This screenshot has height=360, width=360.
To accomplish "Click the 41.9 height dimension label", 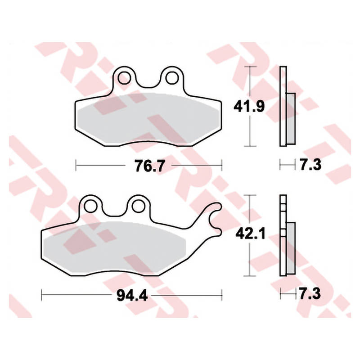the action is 249,107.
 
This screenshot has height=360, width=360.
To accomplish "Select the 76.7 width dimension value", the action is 150,166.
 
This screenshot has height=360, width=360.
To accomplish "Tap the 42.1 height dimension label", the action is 251,234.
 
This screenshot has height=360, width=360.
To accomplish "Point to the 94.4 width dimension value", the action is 132,295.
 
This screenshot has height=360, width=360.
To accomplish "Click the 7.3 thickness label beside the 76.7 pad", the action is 310,164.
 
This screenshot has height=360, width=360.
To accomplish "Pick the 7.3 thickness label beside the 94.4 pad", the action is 310,294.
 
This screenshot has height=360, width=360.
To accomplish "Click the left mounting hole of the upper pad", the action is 124,78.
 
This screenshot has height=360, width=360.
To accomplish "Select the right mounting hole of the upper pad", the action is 172,78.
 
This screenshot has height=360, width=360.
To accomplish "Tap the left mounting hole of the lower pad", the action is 90,206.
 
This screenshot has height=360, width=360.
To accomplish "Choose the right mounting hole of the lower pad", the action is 138,206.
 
